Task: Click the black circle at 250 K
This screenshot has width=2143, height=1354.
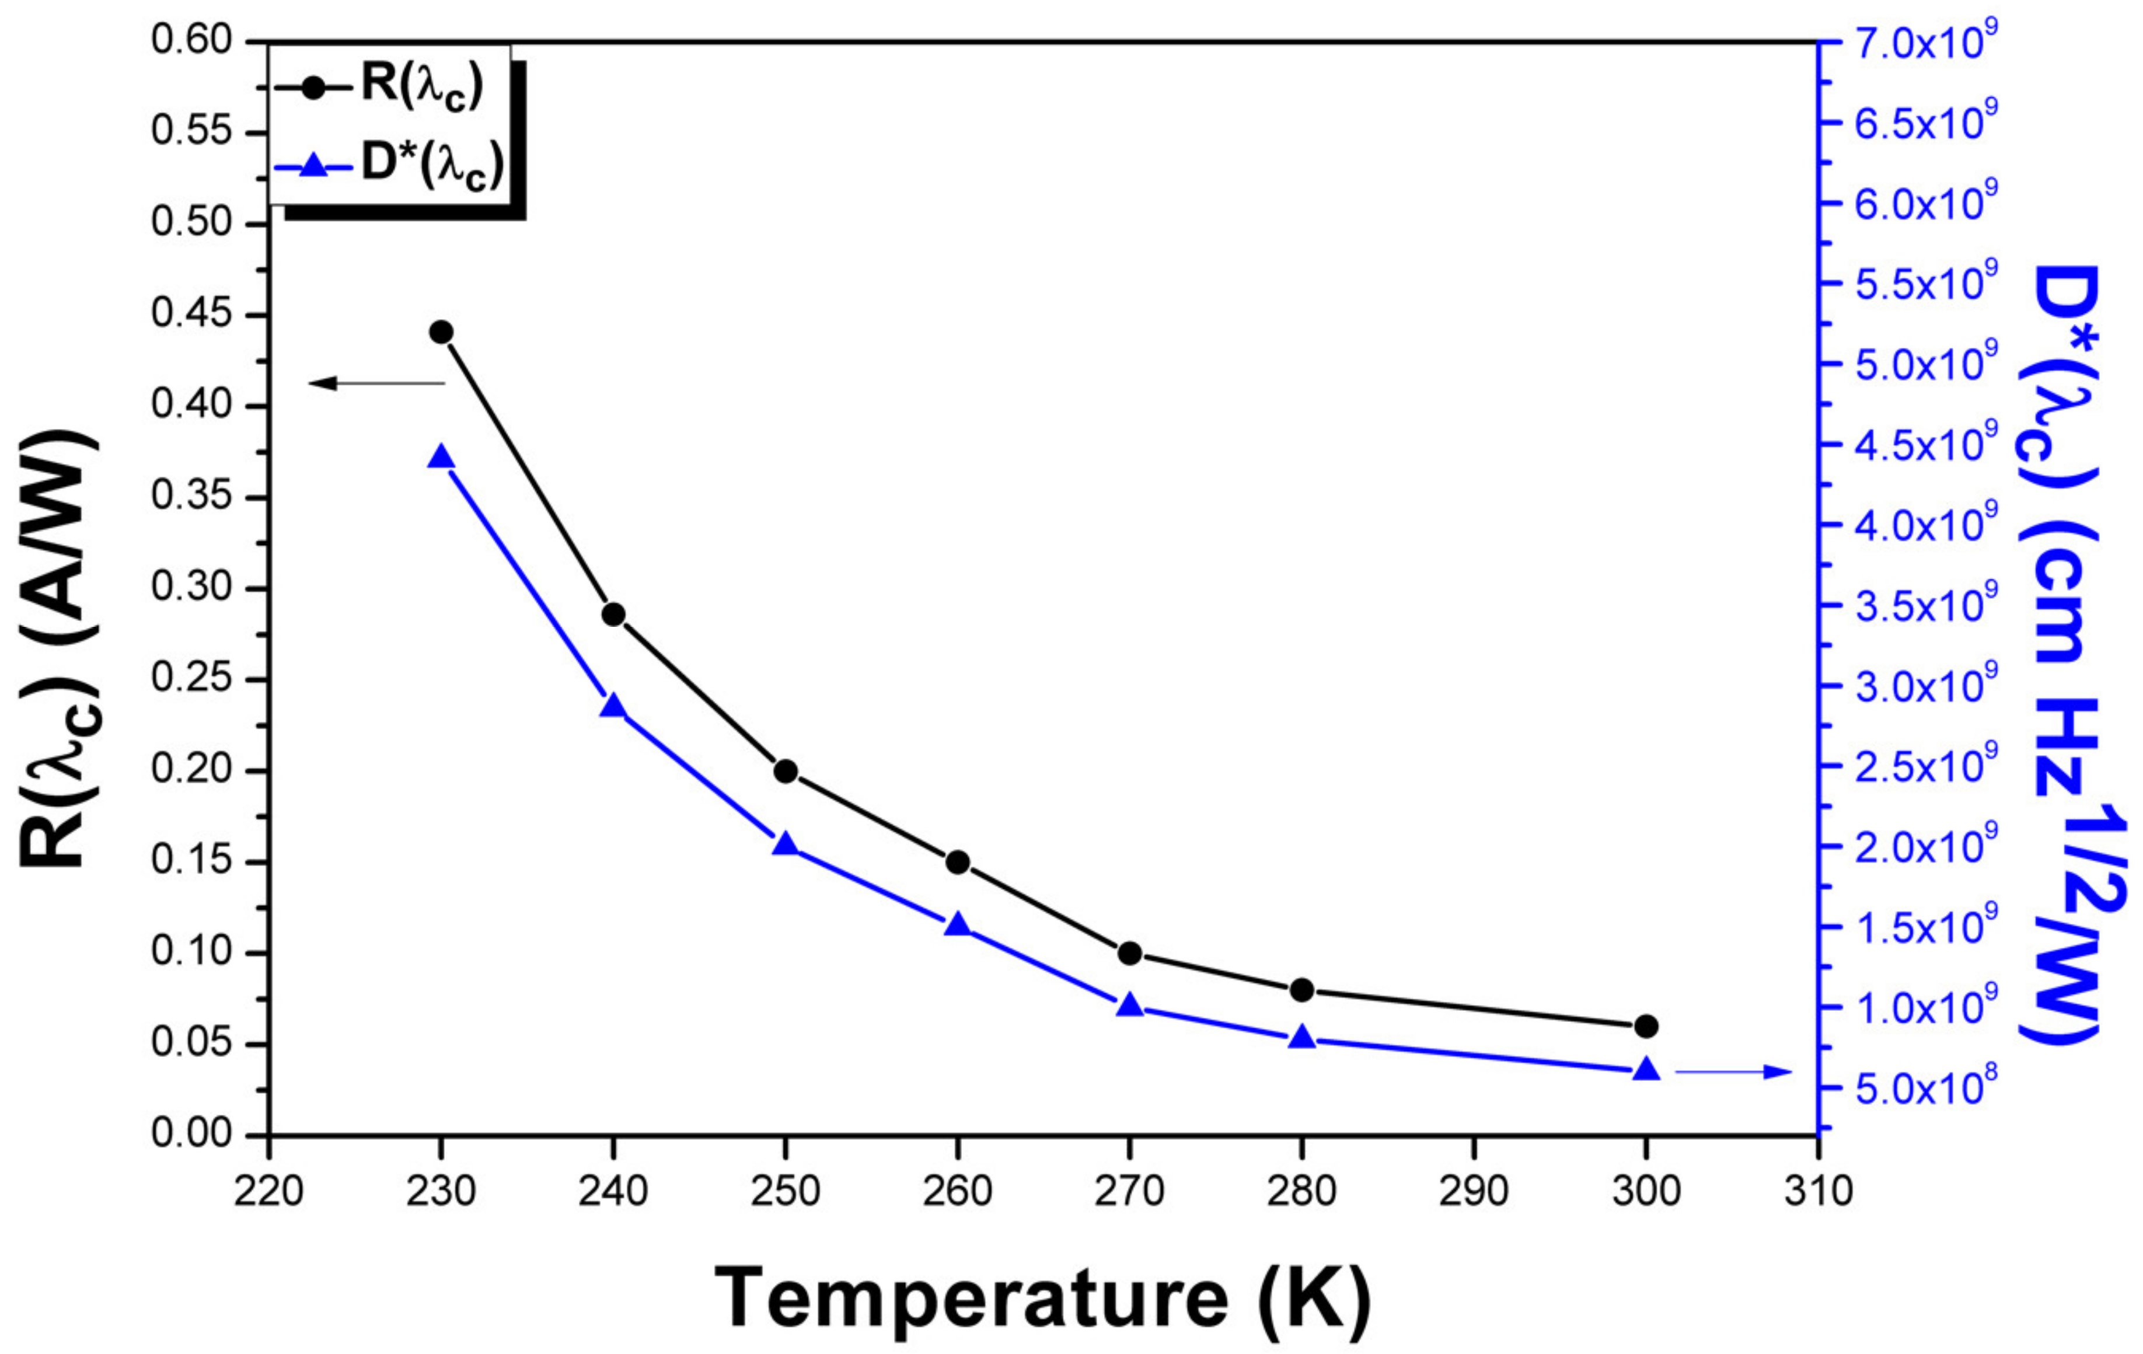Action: tap(785, 771)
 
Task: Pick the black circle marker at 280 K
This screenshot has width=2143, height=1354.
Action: tap(1301, 990)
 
